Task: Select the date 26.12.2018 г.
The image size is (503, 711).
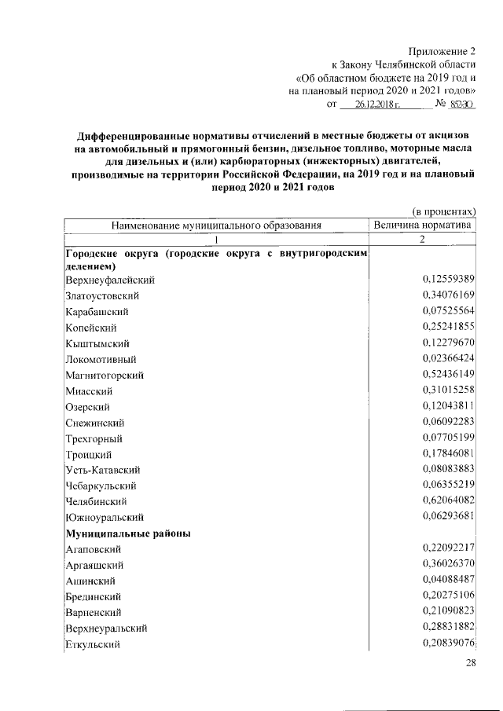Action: pos(377,104)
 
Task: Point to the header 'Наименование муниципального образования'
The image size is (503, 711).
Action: pos(217,225)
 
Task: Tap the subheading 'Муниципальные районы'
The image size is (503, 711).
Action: pos(126,533)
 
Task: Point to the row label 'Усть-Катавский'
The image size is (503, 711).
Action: pos(103,470)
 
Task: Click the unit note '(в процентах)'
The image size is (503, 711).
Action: pos(444,211)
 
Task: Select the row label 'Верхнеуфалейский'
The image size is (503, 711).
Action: pos(110,280)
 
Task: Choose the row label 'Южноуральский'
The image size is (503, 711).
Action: pos(104,517)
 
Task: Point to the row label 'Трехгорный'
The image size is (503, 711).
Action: pos(94,438)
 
